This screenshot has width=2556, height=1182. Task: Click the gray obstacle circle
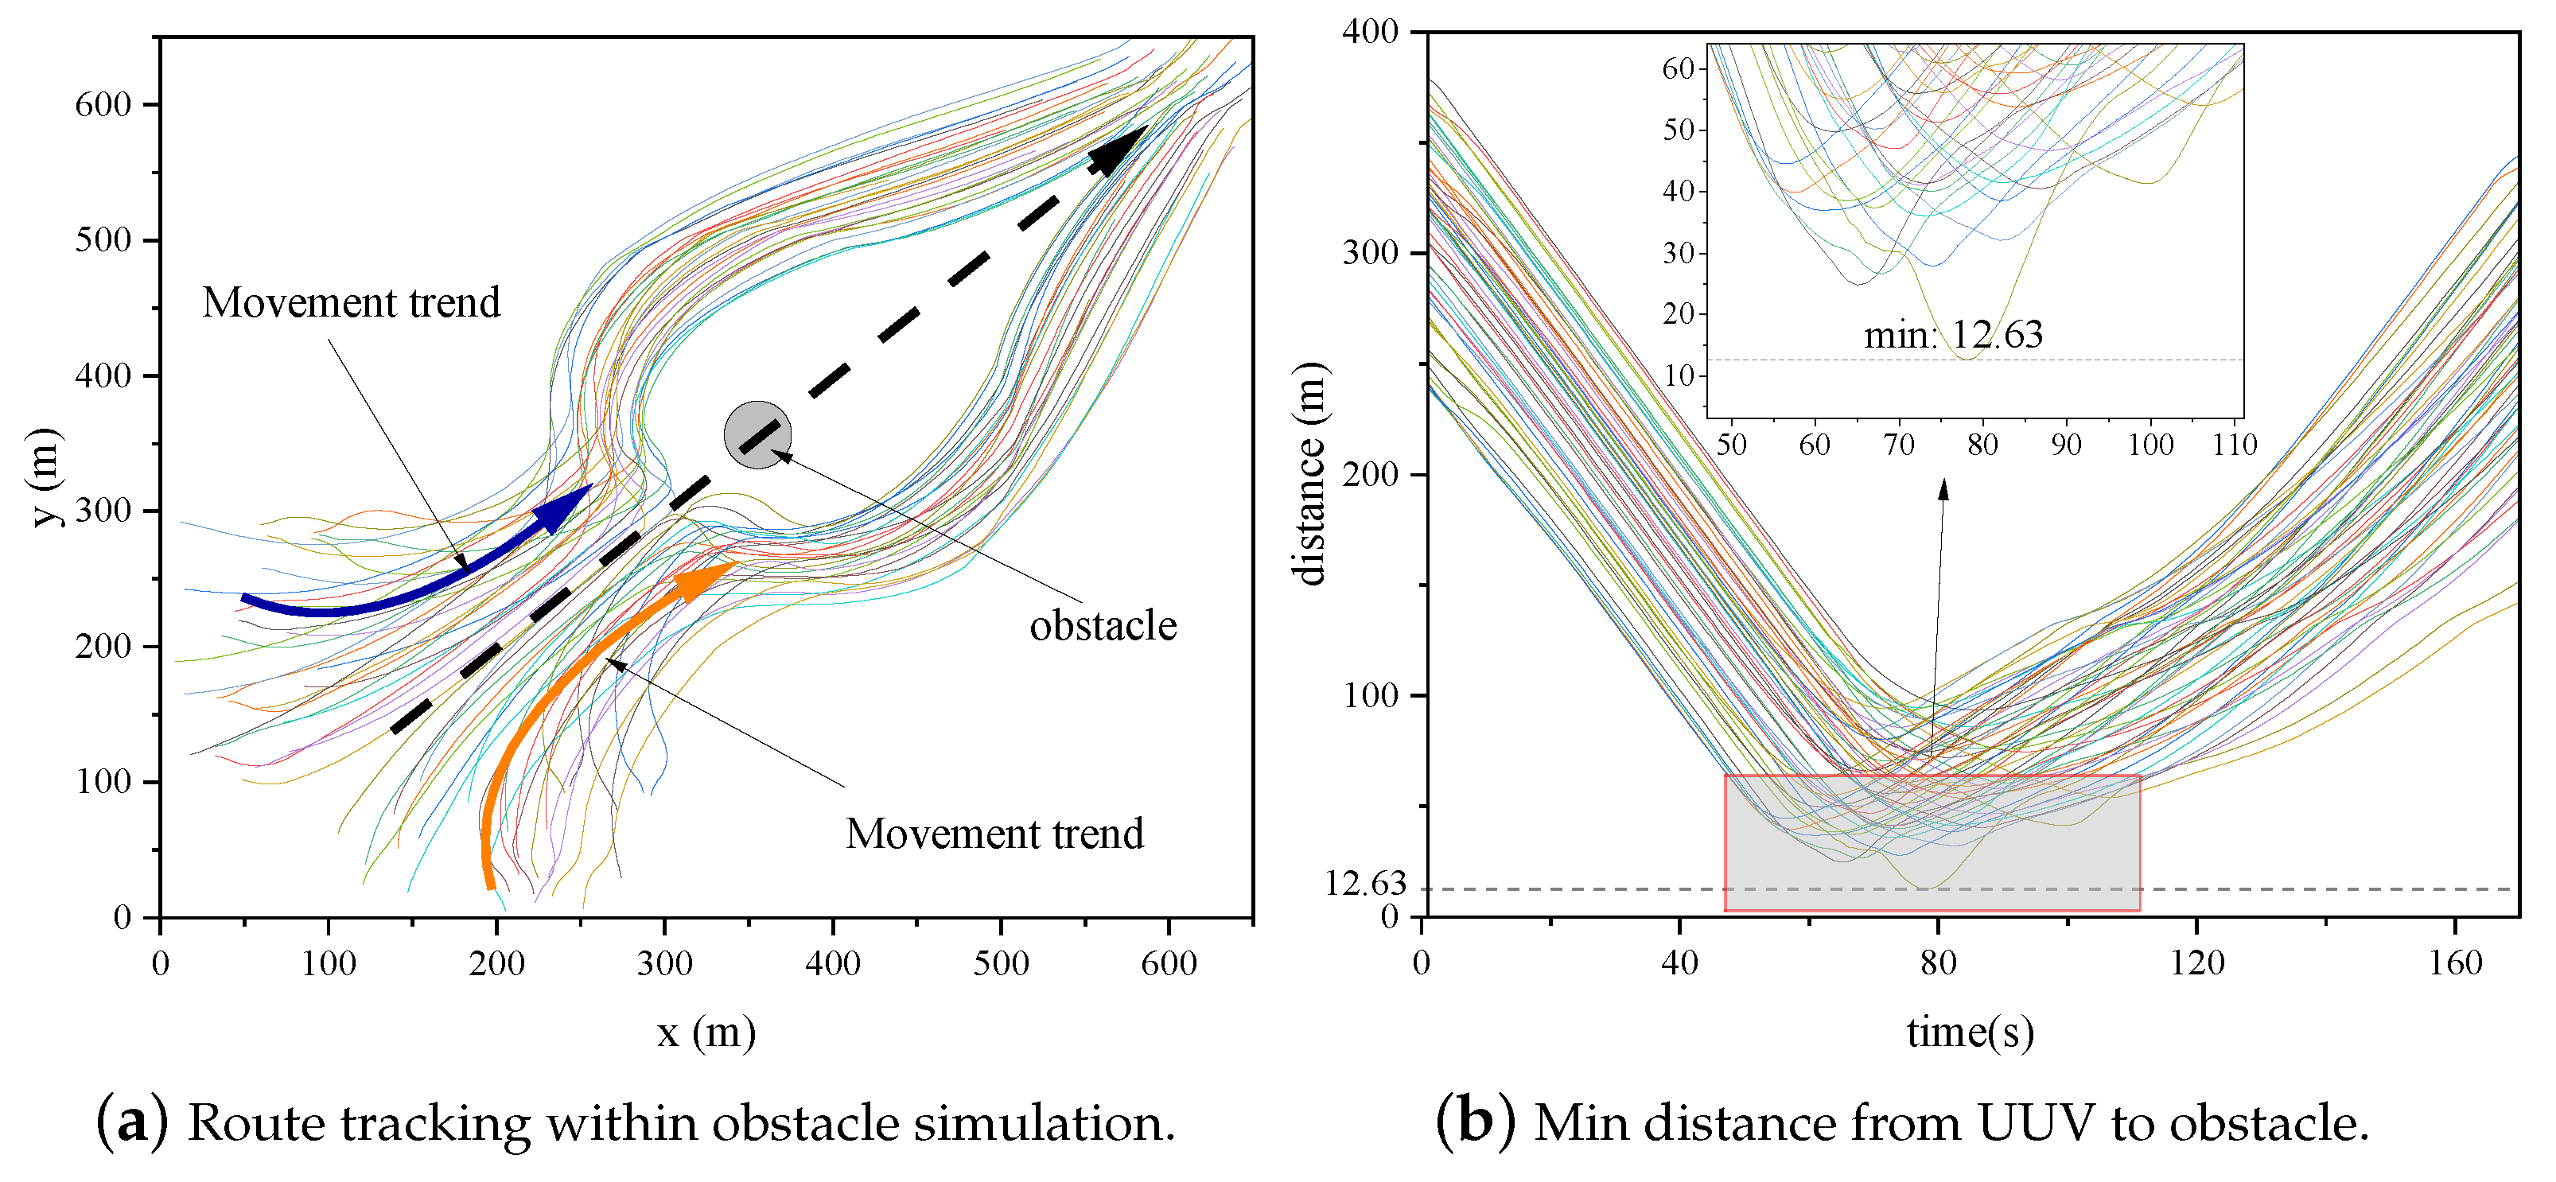(757, 434)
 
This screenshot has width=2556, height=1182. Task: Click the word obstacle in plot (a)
(1103, 626)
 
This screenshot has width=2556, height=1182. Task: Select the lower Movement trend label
(994, 834)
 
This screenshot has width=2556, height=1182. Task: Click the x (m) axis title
(706, 1033)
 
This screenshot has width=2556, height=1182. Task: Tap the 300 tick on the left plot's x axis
(663, 962)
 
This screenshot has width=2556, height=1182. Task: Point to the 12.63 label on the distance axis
(1365, 882)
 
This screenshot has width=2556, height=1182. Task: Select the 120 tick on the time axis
(2196, 962)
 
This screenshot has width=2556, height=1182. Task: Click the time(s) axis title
(1970, 1032)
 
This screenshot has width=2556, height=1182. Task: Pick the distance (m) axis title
(1309, 474)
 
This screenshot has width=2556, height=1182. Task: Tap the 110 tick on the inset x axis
(2234, 445)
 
